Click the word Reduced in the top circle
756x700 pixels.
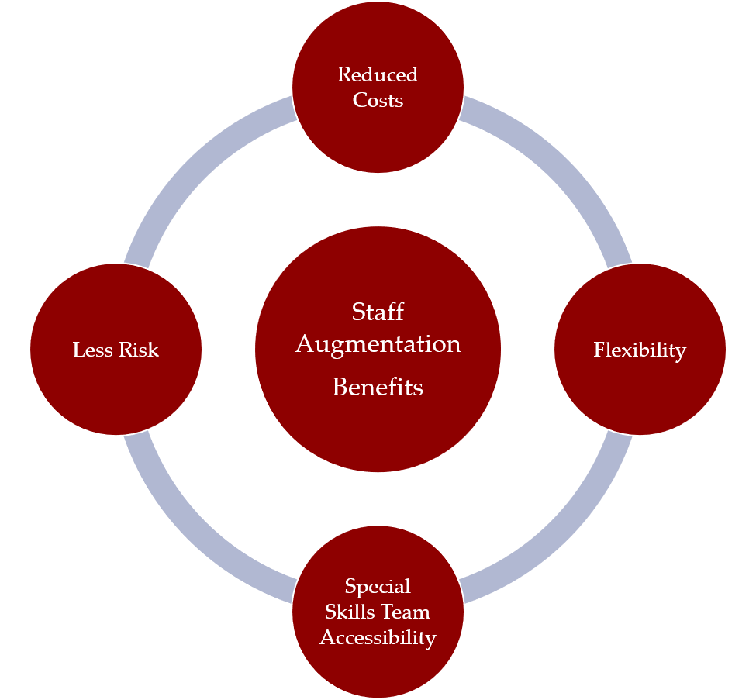coord(378,74)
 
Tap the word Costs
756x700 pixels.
coord(378,100)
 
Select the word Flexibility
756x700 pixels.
coord(640,350)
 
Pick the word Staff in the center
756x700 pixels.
coord(378,312)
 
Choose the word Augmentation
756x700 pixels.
coord(378,344)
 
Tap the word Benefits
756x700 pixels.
coord(378,387)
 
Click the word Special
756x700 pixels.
coord(378,586)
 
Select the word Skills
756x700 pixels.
coord(350,612)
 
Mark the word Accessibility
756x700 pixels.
coord(378,638)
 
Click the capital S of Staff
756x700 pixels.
coord(357,312)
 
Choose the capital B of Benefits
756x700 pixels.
coord(339,387)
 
